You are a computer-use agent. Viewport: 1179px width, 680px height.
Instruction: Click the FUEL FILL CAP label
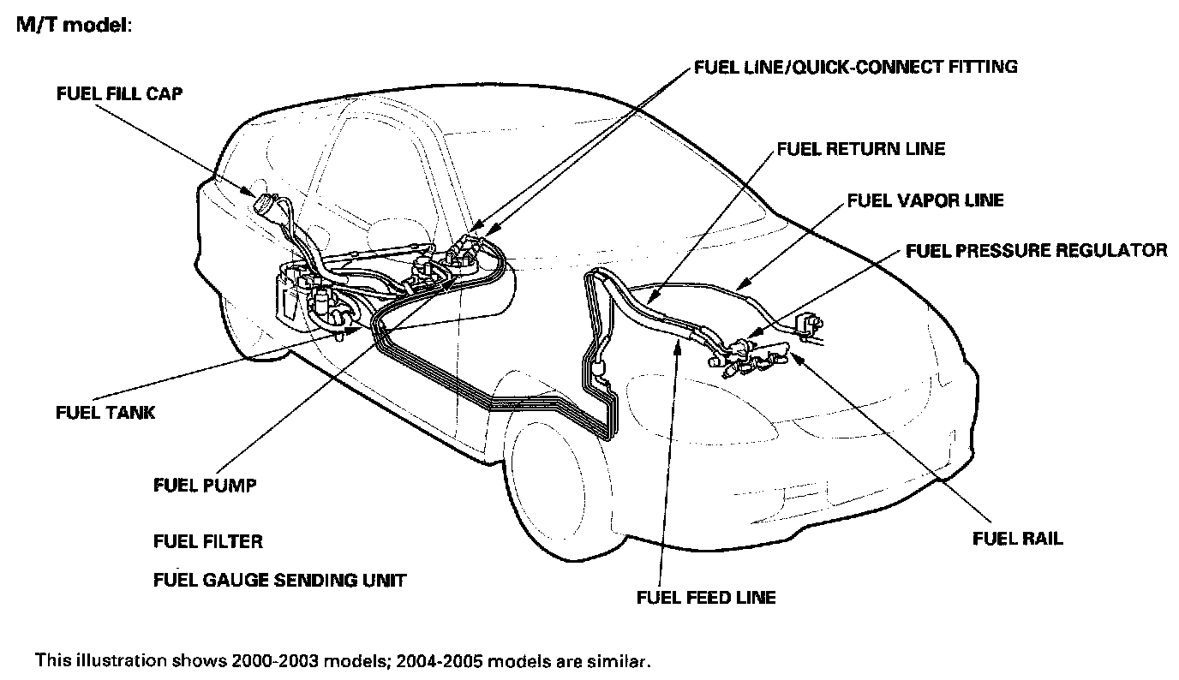click(x=119, y=94)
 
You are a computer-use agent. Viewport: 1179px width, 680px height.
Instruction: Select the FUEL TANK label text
click(x=105, y=413)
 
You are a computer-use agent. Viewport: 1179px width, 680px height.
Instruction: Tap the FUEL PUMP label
click(x=205, y=486)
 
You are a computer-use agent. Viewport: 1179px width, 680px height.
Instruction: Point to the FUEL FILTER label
click(x=208, y=541)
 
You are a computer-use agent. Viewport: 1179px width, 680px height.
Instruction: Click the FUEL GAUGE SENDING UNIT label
click(x=279, y=581)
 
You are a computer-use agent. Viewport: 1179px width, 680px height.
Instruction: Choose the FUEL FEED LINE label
click(x=706, y=597)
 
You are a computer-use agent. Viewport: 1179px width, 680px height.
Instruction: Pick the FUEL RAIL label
click(x=1017, y=539)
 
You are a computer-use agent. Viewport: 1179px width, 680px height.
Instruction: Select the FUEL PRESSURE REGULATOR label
click(x=1036, y=250)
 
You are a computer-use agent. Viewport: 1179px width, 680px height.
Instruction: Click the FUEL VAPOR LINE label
click(x=925, y=200)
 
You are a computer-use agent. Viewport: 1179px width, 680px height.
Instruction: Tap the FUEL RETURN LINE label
click(x=860, y=149)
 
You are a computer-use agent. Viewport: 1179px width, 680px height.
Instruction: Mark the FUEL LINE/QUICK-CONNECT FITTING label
click(x=856, y=66)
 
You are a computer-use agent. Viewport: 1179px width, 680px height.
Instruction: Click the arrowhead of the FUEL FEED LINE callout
click(x=677, y=339)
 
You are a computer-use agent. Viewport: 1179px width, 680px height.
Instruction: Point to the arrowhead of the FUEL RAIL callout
click(x=796, y=352)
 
